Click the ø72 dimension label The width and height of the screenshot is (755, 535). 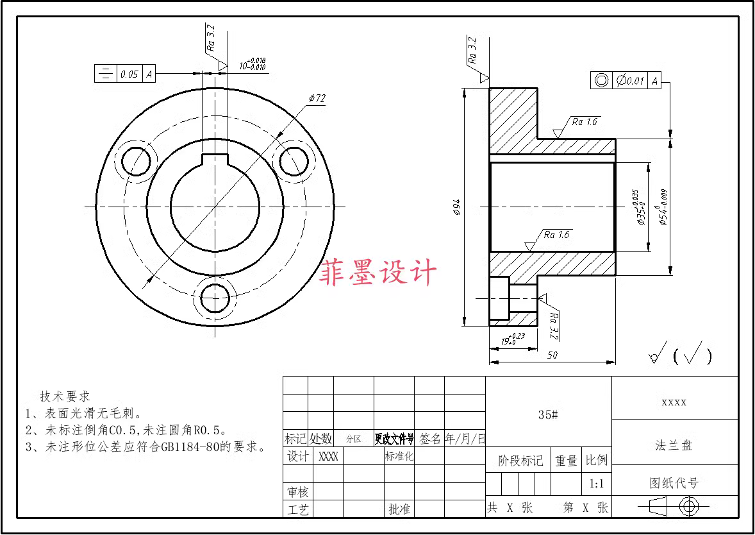pos(317,98)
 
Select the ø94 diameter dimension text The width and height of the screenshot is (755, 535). pos(456,206)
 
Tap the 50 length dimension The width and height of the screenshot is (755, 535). pos(552,355)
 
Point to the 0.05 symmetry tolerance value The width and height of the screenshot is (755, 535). pos(129,74)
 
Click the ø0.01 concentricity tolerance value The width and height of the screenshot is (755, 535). pos(631,81)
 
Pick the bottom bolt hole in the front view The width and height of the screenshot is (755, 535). pos(214,297)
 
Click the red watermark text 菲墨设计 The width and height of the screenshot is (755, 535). pos(378,272)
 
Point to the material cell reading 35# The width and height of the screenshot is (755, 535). pos(548,415)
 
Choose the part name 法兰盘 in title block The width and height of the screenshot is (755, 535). pos(674,445)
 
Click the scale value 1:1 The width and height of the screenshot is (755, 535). pos(596,484)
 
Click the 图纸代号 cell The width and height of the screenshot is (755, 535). pos(674,482)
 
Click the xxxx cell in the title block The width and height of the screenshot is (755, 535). pos(674,402)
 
